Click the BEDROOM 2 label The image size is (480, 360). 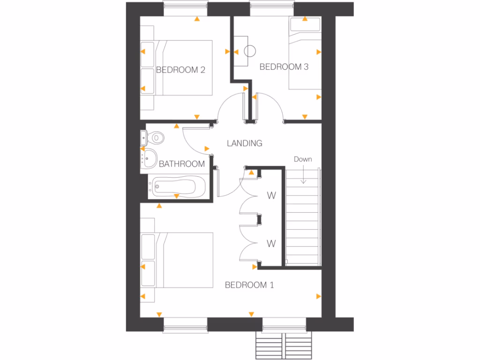point(180,70)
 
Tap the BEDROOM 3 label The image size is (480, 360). point(284,67)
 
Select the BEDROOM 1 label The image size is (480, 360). point(249,285)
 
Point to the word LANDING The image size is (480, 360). point(244,143)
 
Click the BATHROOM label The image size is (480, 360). point(181,164)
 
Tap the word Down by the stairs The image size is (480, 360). point(302,159)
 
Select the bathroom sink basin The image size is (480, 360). point(150,158)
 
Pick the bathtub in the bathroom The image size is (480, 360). point(174,186)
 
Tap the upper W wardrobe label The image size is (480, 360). point(271,195)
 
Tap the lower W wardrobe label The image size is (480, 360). point(271,243)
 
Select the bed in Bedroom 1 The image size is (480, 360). point(185,260)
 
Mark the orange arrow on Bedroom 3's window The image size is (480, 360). point(305,19)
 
